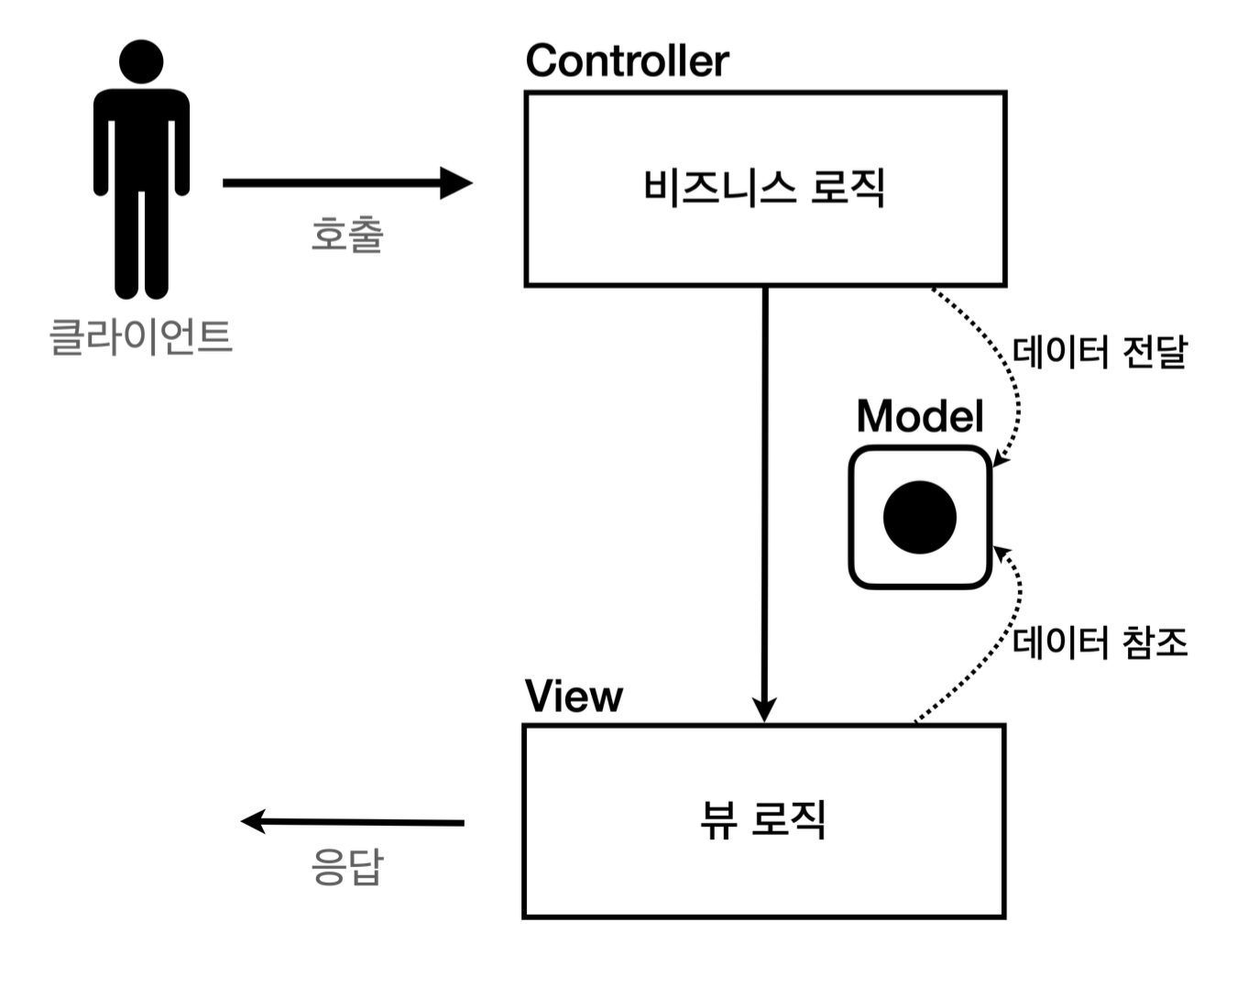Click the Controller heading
(627, 61)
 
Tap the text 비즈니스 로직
(764, 188)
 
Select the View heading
(574, 697)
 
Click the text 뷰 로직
(763, 819)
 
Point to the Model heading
(920, 416)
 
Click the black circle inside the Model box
(920, 518)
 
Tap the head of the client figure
(141, 62)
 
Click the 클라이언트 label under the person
(140, 336)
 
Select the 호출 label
(347, 235)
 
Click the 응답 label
(347, 867)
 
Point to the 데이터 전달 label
(1100, 352)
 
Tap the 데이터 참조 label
(1100, 642)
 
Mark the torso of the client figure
(141, 137)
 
